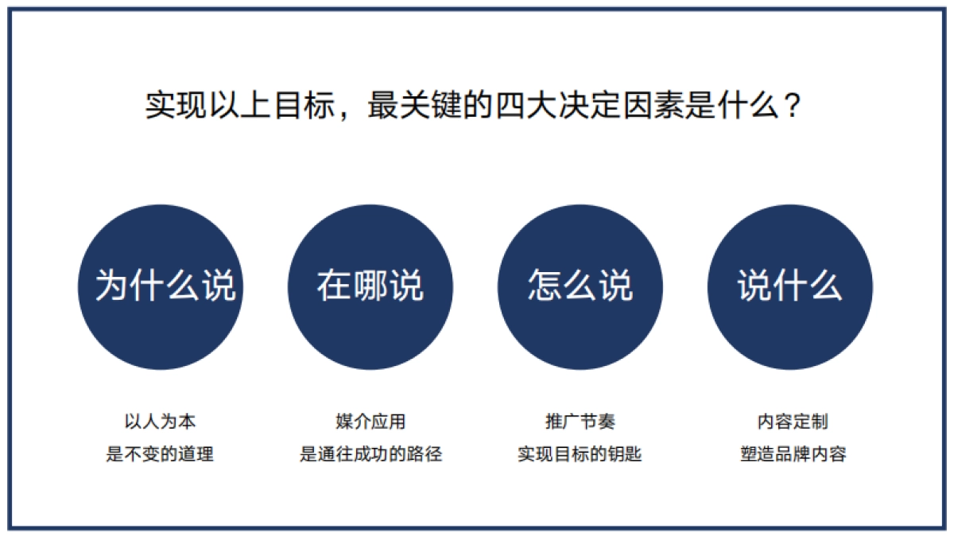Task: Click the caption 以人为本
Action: [x=160, y=421]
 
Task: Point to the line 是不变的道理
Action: [x=160, y=454]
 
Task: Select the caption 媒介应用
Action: [x=370, y=421]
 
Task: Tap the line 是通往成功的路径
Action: [x=370, y=454]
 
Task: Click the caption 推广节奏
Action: [x=580, y=421]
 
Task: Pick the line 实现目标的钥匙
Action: [x=580, y=454]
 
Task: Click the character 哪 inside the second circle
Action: [x=370, y=286]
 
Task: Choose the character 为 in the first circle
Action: [x=112, y=286]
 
